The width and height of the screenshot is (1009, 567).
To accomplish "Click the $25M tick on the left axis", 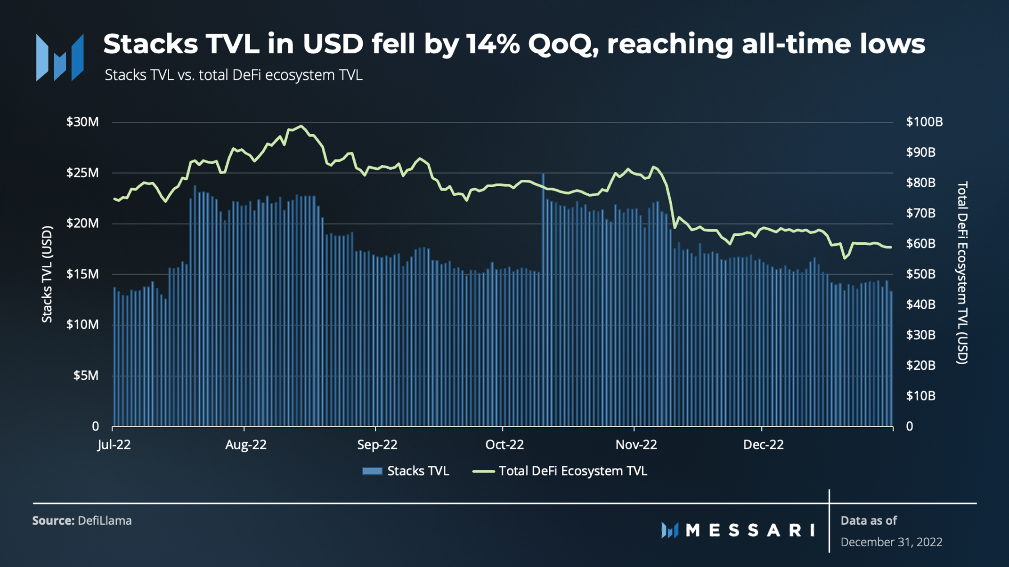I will coord(82,173).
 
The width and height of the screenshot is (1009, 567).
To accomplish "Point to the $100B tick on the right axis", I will coord(924,122).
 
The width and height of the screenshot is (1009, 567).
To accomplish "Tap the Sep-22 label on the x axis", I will coord(377,445).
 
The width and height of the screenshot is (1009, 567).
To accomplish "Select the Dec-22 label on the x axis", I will coord(763,445).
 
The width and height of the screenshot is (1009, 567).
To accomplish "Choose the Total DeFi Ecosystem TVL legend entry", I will coord(561,471).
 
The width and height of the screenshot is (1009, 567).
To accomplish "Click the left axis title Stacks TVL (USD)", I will coord(47,274).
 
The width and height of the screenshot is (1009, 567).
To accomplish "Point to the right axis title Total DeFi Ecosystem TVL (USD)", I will coord(962,273).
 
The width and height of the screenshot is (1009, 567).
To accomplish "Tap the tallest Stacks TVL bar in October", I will coord(543,301).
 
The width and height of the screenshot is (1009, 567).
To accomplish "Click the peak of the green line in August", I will coord(301,126).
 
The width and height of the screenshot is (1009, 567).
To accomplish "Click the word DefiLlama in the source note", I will coord(105,520).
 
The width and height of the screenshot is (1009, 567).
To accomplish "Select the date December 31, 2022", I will coord(891,542).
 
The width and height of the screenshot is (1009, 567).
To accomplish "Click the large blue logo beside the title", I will coord(60,57).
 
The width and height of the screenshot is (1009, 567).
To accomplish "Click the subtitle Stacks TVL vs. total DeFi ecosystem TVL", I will coord(234,75).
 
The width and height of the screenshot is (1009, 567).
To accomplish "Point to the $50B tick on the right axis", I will coord(920,274).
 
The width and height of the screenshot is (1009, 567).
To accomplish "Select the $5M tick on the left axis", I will coord(86,375).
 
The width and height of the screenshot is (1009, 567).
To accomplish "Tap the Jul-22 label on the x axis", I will coord(114,445).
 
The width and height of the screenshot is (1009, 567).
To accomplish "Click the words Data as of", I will coord(869,520).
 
